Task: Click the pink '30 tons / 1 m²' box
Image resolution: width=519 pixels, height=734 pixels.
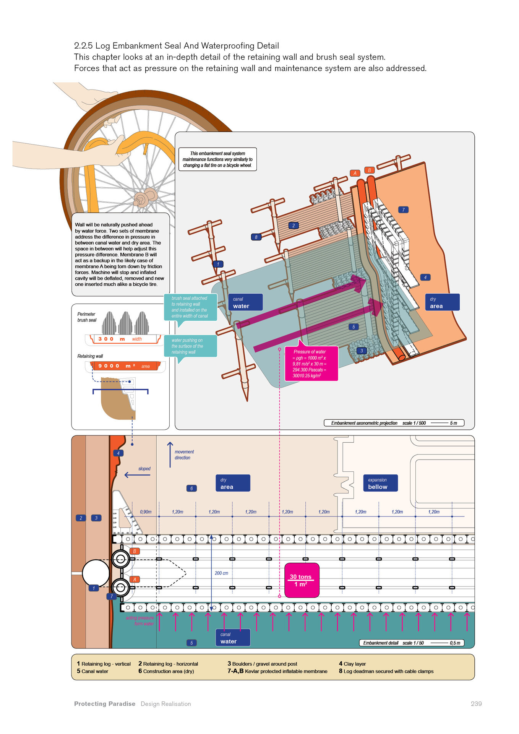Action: (x=302, y=580)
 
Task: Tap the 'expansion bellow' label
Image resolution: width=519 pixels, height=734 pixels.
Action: (x=380, y=483)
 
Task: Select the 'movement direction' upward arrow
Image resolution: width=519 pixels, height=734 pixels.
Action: (x=170, y=455)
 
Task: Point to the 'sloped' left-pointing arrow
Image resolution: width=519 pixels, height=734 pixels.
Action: (x=137, y=475)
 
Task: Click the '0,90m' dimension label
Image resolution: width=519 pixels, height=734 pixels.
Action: (x=146, y=512)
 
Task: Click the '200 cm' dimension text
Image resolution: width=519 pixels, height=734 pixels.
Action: (x=221, y=573)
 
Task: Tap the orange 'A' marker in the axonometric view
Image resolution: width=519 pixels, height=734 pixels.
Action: (x=355, y=173)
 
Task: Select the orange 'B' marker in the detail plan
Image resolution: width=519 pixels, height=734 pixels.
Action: (x=135, y=551)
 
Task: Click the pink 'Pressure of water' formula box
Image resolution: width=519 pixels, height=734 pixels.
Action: (x=311, y=364)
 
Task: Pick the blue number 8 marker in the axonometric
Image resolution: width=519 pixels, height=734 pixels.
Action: (x=256, y=237)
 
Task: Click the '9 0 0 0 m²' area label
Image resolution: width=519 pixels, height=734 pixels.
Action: (x=125, y=366)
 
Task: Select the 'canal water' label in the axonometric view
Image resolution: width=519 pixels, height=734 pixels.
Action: (x=245, y=302)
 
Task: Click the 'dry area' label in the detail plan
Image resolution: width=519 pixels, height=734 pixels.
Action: (x=233, y=483)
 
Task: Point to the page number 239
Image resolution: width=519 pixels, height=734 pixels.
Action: (x=476, y=704)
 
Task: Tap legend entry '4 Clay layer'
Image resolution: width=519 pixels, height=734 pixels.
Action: (x=352, y=664)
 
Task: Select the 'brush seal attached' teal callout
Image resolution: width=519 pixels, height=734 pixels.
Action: (x=190, y=307)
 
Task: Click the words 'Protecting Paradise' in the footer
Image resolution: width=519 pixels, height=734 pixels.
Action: (x=105, y=704)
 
